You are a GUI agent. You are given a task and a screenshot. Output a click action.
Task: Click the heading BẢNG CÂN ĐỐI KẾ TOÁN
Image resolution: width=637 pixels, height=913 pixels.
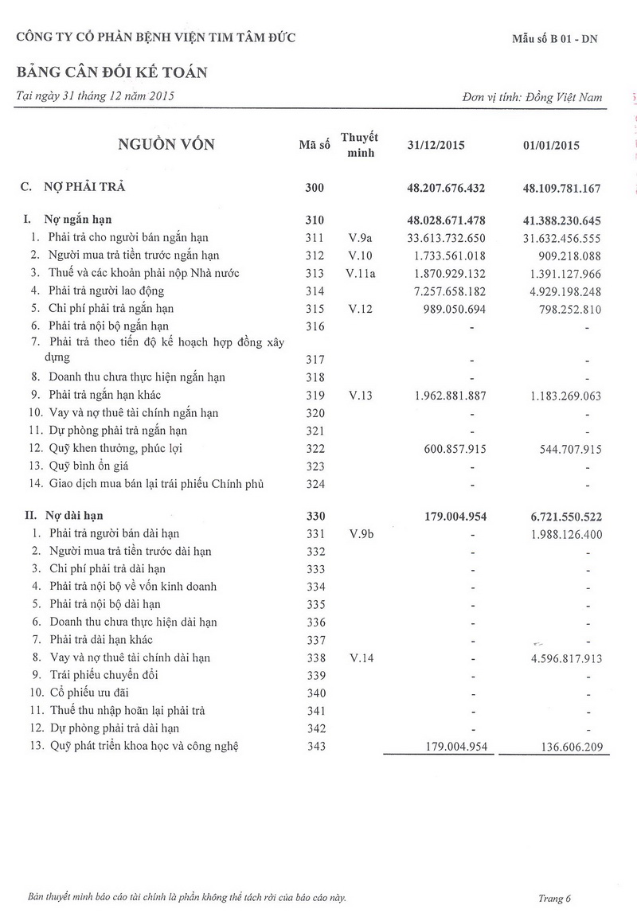click(112, 72)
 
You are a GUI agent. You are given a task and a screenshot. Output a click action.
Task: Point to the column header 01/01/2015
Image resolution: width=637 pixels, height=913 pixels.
click(551, 146)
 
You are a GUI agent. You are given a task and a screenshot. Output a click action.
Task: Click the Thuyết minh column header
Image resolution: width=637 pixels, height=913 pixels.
click(359, 145)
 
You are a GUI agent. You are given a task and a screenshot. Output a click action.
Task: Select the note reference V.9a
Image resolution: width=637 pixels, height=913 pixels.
click(360, 237)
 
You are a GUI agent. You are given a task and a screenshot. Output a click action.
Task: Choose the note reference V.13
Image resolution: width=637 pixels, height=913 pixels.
click(360, 396)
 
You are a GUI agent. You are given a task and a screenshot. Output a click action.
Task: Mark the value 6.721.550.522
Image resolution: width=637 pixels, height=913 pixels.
click(554, 517)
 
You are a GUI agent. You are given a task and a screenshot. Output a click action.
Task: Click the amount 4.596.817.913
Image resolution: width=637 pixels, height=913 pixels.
click(558, 658)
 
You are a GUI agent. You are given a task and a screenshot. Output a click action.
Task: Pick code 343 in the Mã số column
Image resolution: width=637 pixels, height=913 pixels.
click(316, 746)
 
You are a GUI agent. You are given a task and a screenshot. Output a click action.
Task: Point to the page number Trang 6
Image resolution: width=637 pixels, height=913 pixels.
click(555, 899)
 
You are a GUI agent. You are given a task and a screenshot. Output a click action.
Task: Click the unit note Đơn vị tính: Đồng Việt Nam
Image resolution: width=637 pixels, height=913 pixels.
click(532, 97)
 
